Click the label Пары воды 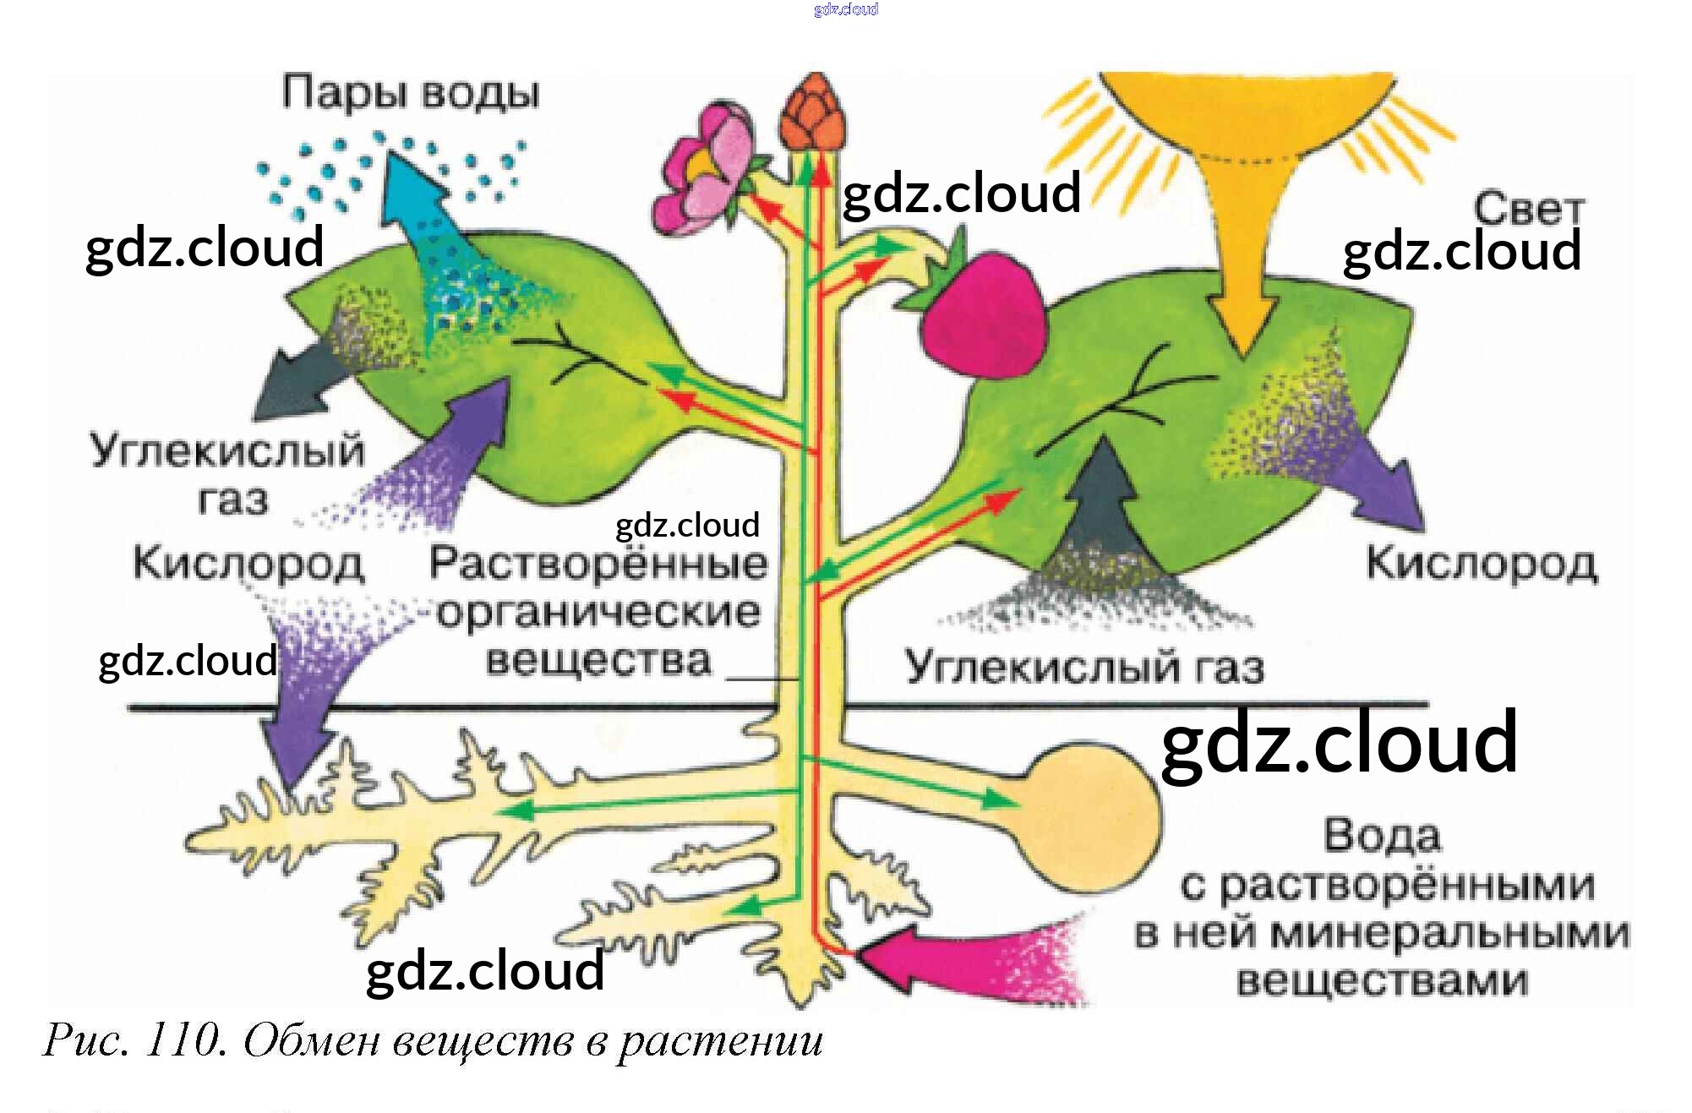pos(411,92)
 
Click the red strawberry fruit pos(985,317)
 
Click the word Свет pos(1528,208)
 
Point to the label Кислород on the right pos(1482,564)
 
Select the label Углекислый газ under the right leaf pos(1084,667)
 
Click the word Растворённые pos(598,564)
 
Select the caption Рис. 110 pos(135,1040)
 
